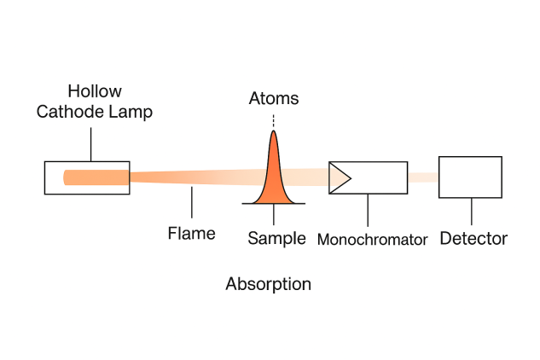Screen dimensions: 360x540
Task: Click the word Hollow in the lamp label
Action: [96, 91]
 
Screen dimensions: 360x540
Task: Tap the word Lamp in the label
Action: [130, 113]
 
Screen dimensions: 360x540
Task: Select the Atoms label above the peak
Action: [273, 98]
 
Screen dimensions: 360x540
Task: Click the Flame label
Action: [191, 233]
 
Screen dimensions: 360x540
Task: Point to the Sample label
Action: [276, 239]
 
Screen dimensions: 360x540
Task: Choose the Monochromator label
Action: [372, 240]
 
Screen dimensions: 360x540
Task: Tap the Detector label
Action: [473, 239]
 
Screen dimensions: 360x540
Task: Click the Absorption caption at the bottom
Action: [268, 284]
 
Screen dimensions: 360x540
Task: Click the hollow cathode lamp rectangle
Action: [87, 177]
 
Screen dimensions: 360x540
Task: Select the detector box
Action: [470, 177]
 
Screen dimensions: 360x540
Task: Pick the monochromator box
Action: [379, 177]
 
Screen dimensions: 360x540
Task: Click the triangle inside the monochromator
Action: [340, 177]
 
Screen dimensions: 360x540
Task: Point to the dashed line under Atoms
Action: [273, 121]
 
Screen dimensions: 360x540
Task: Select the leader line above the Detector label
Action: [471, 212]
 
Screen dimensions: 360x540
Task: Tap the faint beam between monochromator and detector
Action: [423, 177]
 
